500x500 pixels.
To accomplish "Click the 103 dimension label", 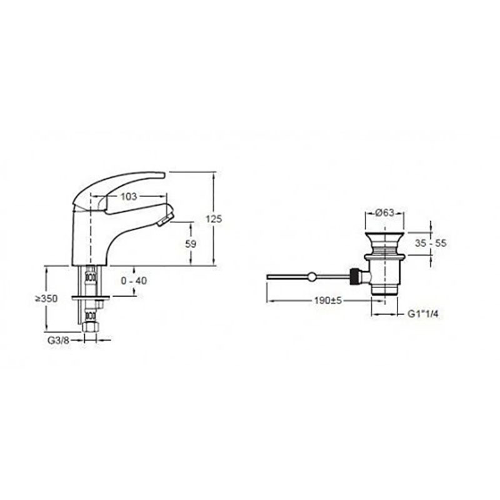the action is pos(129,196).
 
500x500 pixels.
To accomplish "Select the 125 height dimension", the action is pos(214,219).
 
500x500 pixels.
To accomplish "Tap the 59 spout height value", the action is pos(191,244).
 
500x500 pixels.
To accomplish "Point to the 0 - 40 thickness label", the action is pos(134,281).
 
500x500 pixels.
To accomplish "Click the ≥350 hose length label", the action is pos(46,299).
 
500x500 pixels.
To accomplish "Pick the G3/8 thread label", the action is pos(58,340).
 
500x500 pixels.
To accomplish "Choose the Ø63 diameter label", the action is pos(385,212).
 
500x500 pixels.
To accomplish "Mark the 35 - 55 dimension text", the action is pos(431,243).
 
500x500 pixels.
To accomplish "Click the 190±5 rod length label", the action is pos(327,301).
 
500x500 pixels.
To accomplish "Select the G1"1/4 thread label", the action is pos(423,314).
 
